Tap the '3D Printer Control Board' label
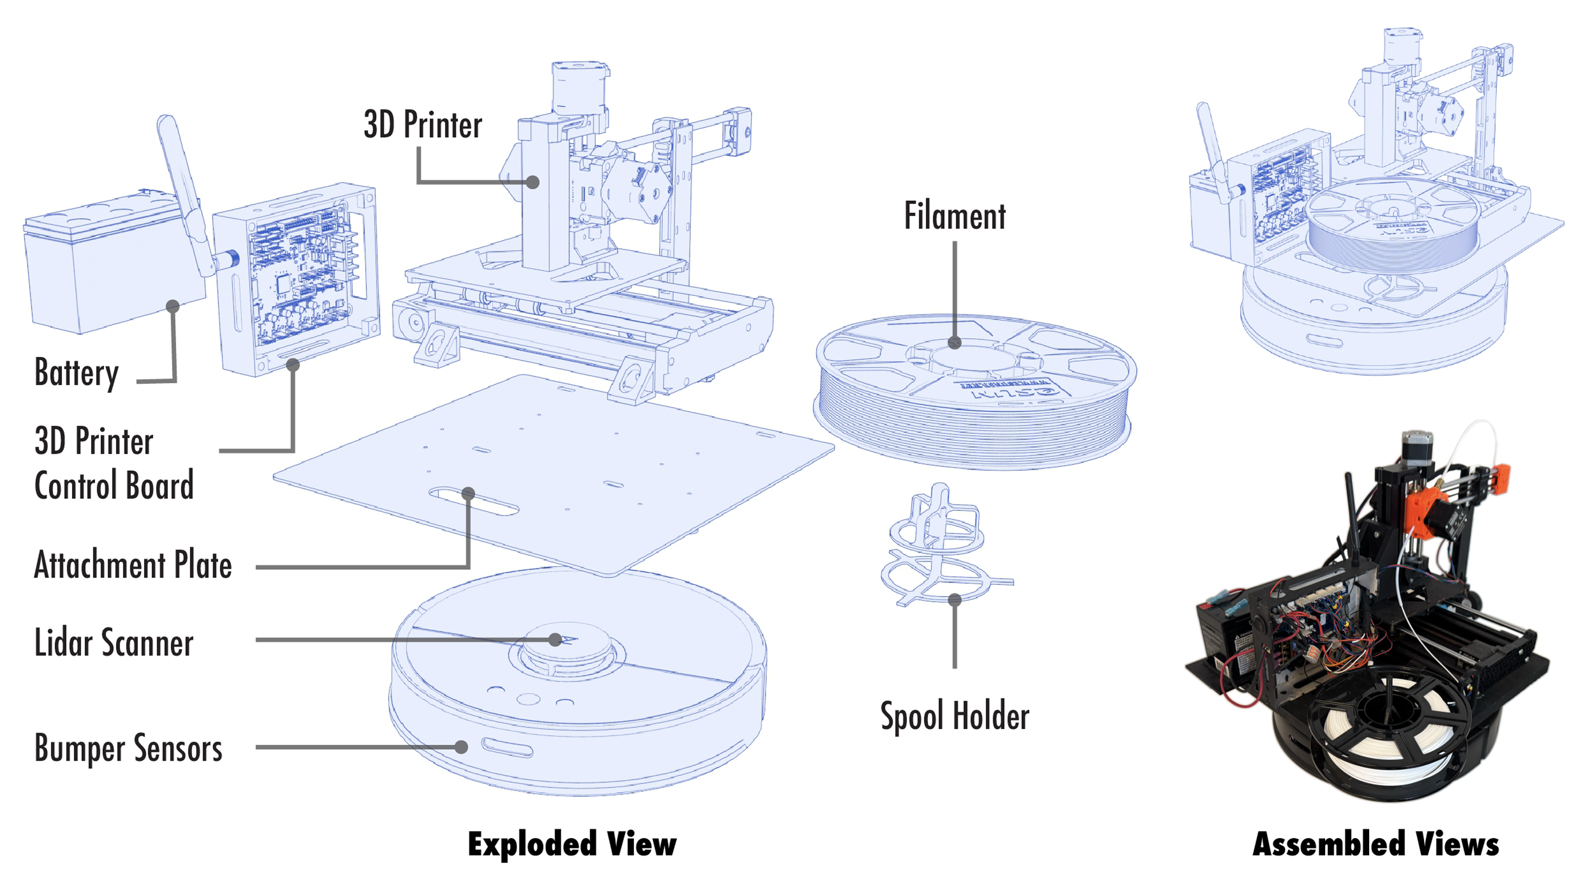click(x=114, y=463)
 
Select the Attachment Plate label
click(x=132, y=565)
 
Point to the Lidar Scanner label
click(x=114, y=642)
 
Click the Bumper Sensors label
click(x=128, y=749)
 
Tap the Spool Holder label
click(x=954, y=716)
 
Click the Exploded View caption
click(x=572, y=844)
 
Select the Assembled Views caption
click(x=1375, y=844)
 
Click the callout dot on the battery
click(x=173, y=306)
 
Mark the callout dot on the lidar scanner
click(x=555, y=640)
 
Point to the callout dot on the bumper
click(x=461, y=747)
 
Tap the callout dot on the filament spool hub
click(x=954, y=343)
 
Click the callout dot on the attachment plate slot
click(x=468, y=493)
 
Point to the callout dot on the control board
click(x=293, y=365)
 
